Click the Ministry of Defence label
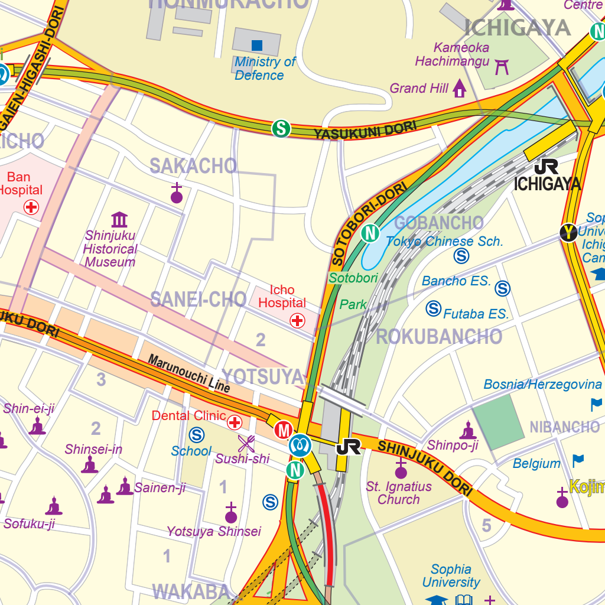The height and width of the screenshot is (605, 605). click(x=264, y=69)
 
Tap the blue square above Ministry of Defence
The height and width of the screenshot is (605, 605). click(x=257, y=45)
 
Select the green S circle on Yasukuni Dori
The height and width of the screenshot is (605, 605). click(x=281, y=128)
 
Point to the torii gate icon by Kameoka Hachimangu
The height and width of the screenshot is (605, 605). click(x=502, y=66)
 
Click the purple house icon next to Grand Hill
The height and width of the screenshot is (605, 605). click(x=460, y=89)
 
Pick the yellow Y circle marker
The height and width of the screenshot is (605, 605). click(x=568, y=233)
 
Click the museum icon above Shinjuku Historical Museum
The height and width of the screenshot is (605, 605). click(x=119, y=220)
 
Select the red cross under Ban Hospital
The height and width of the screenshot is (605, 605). click(x=31, y=207)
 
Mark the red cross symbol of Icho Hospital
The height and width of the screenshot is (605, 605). click(x=297, y=320)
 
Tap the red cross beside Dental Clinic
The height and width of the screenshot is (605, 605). click(x=235, y=422)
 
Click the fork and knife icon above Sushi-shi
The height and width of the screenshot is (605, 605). click(x=246, y=443)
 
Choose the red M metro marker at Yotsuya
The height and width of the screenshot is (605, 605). click(x=284, y=430)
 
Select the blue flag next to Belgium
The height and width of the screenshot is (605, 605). click(x=578, y=460)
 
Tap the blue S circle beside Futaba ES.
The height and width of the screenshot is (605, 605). click(x=434, y=308)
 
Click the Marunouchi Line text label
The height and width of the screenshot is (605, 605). click(x=188, y=373)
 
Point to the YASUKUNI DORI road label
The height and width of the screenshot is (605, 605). click(x=365, y=130)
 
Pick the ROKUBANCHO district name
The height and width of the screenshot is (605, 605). click(x=439, y=337)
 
